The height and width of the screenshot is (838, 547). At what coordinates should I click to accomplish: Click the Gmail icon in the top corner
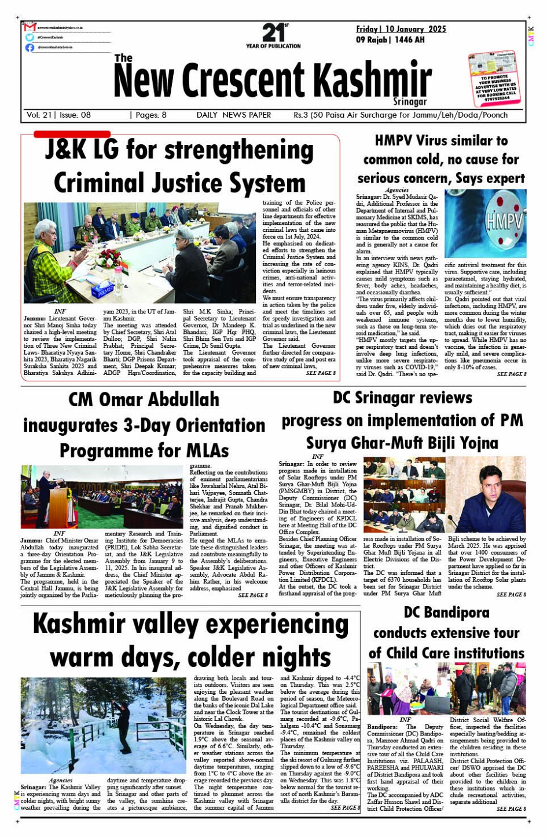click(x=30, y=27)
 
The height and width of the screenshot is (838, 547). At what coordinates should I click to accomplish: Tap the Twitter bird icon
click(x=30, y=37)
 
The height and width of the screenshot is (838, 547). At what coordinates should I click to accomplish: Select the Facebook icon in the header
click(x=30, y=48)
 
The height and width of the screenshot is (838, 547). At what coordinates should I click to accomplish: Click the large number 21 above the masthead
click(x=273, y=32)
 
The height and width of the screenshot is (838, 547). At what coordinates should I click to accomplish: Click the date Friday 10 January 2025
click(x=401, y=29)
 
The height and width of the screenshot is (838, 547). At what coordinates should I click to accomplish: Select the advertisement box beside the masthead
click(x=496, y=79)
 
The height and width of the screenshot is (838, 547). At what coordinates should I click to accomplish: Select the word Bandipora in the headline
click(x=461, y=613)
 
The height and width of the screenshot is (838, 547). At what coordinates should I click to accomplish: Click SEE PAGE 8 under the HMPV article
click(x=511, y=374)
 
